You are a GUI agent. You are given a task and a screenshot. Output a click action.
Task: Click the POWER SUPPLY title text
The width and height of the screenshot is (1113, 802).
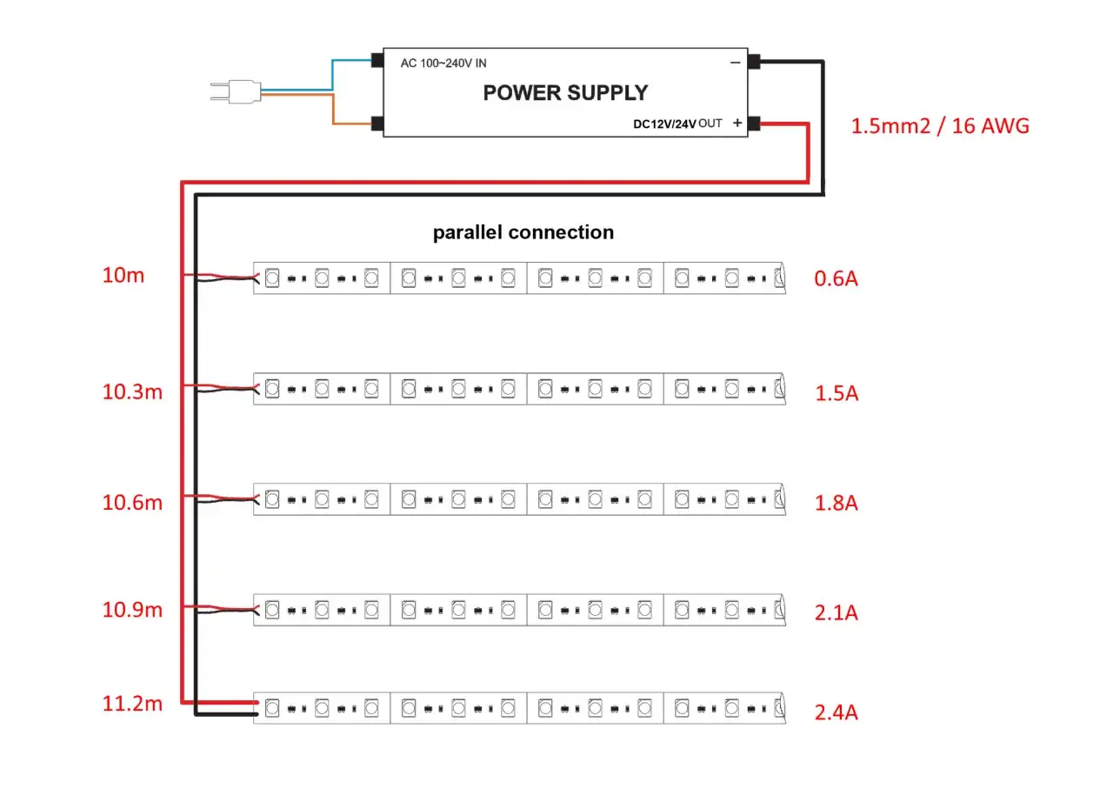pyautogui.click(x=565, y=92)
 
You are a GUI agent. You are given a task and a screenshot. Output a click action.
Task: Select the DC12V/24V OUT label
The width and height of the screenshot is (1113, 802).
pyautogui.click(x=677, y=124)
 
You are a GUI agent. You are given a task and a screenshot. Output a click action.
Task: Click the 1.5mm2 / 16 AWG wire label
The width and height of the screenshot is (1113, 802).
pyautogui.click(x=940, y=126)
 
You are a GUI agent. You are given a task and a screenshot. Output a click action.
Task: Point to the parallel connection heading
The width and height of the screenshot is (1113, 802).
pyautogui.click(x=523, y=232)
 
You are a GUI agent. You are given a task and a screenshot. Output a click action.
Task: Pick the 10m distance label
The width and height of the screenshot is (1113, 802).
pyautogui.click(x=123, y=277)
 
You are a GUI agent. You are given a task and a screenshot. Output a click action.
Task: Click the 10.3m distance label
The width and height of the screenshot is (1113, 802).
pyautogui.click(x=132, y=391)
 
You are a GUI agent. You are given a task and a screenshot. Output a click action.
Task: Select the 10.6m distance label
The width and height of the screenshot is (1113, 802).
pyautogui.click(x=132, y=502)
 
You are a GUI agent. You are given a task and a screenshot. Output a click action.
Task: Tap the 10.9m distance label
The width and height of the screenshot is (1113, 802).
pyautogui.click(x=132, y=610)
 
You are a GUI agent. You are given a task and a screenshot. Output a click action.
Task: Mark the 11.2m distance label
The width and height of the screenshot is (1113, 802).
pyautogui.click(x=132, y=705)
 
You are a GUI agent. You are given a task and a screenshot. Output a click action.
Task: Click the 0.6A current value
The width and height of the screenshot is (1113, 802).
pyautogui.click(x=836, y=279)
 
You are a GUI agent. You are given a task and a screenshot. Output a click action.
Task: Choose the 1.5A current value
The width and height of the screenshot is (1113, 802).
pyautogui.click(x=836, y=393)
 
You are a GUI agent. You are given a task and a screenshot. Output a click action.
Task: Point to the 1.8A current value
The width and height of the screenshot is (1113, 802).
pyautogui.click(x=836, y=503)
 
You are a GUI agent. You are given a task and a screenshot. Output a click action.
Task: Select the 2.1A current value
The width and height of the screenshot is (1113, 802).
pyautogui.click(x=836, y=613)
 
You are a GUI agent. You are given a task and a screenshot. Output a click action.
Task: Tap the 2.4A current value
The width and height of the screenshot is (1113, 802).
pyautogui.click(x=836, y=713)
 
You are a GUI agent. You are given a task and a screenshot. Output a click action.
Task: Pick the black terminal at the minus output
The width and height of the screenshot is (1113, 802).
pyautogui.click(x=754, y=62)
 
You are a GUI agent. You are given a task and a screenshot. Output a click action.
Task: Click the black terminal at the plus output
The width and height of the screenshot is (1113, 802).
pyautogui.click(x=754, y=124)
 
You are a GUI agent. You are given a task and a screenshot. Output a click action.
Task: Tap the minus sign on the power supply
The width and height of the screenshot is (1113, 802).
pyautogui.click(x=736, y=63)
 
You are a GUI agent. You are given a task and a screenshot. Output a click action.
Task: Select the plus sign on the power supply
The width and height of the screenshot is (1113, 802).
pyautogui.click(x=737, y=124)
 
